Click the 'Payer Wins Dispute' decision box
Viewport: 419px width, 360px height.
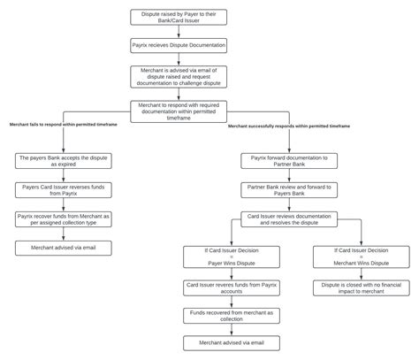tap(219, 257)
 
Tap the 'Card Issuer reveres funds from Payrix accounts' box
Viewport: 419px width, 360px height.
tap(219, 287)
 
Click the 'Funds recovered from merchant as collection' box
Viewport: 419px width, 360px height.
tap(219, 315)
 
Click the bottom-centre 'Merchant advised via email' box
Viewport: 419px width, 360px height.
tap(219, 343)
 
